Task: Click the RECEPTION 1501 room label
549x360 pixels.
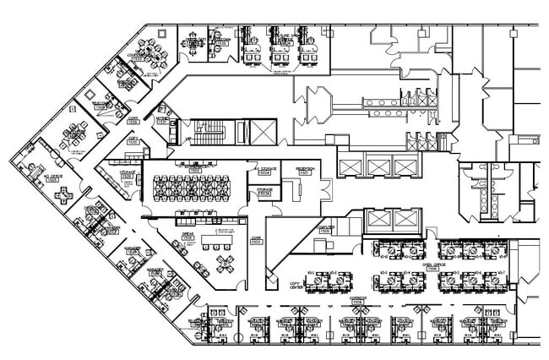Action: click(304, 170)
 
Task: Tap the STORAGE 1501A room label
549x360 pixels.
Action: click(264, 192)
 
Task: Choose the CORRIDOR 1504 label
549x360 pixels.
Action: click(357, 299)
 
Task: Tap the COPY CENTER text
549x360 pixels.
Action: click(296, 286)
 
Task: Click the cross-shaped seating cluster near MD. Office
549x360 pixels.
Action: click(64, 194)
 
